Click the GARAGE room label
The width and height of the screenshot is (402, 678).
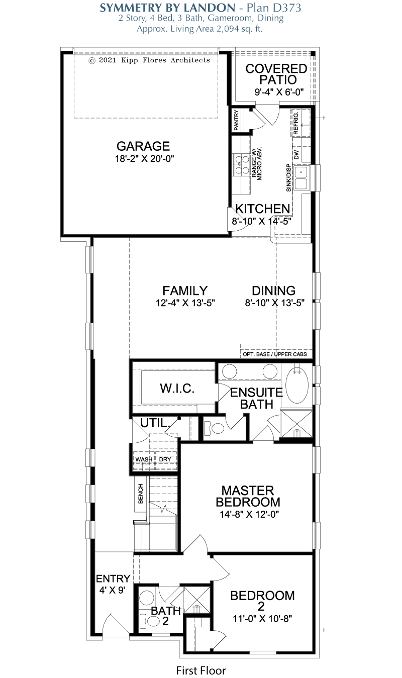click(143, 146)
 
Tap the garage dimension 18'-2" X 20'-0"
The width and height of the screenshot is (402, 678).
click(144, 159)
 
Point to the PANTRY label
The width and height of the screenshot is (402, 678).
click(236, 120)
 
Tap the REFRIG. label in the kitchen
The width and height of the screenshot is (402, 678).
click(296, 124)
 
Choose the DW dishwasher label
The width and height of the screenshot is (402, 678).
click(296, 155)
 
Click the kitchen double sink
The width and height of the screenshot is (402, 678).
click(301, 178)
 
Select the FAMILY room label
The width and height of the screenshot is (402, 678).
click(185, 290)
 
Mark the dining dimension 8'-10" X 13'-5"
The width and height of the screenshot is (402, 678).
click(274, 303)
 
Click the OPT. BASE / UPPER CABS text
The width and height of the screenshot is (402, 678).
click(275, 354)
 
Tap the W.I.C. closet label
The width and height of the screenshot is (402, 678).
click(177, 389)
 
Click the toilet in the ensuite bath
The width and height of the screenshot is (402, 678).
click(215, 428)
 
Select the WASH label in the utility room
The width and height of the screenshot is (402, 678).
click(144, 459)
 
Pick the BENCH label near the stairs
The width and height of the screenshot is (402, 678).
click(141, 494)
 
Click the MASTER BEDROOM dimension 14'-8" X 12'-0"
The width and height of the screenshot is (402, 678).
click(249, 514)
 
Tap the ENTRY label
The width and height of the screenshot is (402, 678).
click(113, 578)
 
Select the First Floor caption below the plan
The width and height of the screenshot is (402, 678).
click(201, 670)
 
